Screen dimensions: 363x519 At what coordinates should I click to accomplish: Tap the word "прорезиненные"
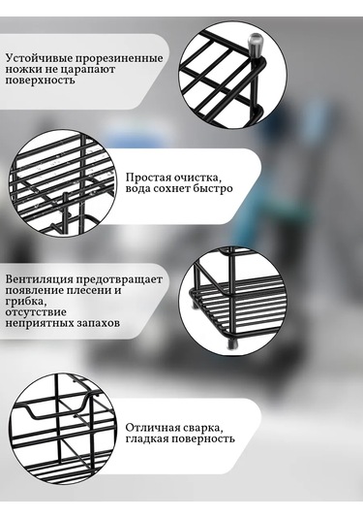[x=119, y=58]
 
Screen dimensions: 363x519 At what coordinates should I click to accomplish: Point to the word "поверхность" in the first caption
[x=40, y=81]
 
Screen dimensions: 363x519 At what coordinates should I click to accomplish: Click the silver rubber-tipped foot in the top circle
[x=256, y=44]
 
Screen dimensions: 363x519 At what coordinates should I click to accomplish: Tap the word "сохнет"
[x=171, y=188]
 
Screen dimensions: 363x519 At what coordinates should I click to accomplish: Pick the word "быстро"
[x=212, y=188]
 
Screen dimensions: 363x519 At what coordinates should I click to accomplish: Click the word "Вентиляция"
[x=39, y=279]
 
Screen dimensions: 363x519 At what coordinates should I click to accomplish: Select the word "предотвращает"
[x=119, y=279]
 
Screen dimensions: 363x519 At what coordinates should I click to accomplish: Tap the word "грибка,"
[x=25, y=302]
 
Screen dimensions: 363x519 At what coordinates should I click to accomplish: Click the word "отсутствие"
[x=36, y=312]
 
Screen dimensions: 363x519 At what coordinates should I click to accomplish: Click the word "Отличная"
[x=150, y=428]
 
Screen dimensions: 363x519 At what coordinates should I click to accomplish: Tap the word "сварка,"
[x=200, y=428]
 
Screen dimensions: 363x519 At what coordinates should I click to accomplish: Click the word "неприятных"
[x=37, y=323]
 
